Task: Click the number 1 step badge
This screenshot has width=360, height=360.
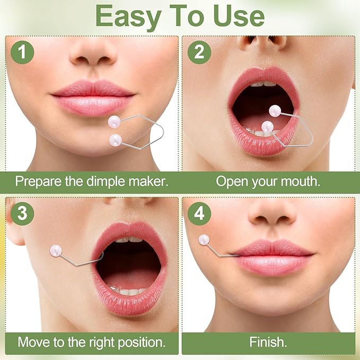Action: pyautogui.click(x=22, y=52)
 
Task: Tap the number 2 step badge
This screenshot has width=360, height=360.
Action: pyautogui.click(x=199, y=52)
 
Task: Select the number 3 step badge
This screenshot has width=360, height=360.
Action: pyautogui.click(x=22, y=214)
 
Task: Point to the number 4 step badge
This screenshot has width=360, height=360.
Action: pyautogui.click(x=199, y=214)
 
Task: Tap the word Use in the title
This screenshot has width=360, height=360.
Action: pyautogui.click(x=239, y=16)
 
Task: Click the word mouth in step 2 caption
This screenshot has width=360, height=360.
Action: pyautogui.click(x=301, y=181)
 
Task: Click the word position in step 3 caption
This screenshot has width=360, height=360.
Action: pyautogui.click(x=142, y=343)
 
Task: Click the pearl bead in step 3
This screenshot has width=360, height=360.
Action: pyautogui.click(x=56, y=251)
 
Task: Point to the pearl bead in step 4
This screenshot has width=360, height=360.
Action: pyautogui.click(x=204, y=240)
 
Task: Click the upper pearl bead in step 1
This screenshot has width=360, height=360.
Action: pyautogui.click(x=115, y=121)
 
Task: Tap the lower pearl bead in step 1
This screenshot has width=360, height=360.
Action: pyautogui.click(x=116, y=140)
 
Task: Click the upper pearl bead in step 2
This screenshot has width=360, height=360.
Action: pyautogui.click(x=275, y=111)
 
